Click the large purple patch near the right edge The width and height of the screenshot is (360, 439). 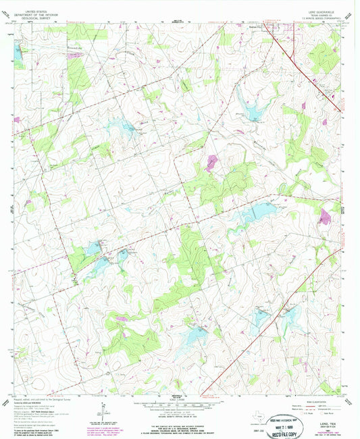click(x=326, y=216)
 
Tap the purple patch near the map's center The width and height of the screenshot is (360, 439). click(x=213, y=161)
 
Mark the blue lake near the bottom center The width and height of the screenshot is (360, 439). click(x=195, y=332)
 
